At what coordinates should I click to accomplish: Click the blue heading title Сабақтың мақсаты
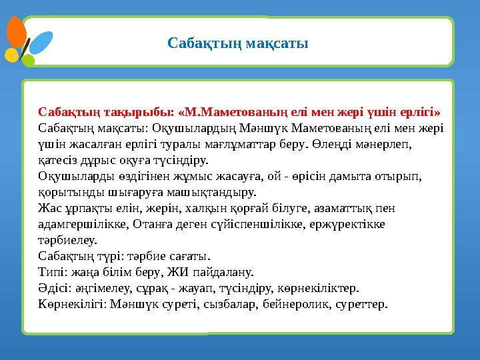tap(237, 44)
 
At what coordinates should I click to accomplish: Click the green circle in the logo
tap(28, 61)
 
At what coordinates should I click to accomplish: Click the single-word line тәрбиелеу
tap(67, 240)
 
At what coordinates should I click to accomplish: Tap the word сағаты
tap(189, 256)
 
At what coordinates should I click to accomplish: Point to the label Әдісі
tap(54, 288)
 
